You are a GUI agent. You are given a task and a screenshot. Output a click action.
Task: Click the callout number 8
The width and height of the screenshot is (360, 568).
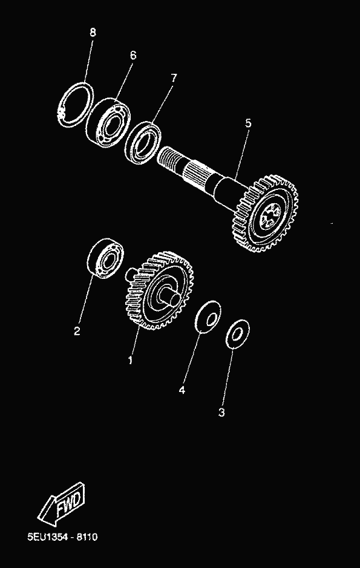coord(93,33)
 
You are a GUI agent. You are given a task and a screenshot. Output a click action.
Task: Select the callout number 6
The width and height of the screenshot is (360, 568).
coord(133,56)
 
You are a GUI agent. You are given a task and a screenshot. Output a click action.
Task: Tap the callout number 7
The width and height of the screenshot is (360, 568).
coord(174,78)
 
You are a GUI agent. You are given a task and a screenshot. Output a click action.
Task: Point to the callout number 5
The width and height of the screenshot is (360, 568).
coord(247,123)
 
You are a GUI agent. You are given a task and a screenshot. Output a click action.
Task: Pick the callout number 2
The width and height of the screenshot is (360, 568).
coord(77,331)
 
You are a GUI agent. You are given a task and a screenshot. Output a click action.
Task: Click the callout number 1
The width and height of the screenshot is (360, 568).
coord(130,360)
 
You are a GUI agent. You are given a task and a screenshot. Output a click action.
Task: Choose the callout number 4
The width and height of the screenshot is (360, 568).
coord(182,390)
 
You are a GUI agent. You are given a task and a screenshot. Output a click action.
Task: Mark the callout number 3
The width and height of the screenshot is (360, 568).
coord(221,412)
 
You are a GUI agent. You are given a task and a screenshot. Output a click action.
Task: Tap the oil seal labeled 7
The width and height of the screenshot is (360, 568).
coord(143,142)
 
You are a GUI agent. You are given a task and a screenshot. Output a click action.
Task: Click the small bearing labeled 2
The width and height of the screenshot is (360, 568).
coord(105,258)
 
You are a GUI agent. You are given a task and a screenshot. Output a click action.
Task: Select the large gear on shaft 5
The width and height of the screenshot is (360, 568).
coord(267,214)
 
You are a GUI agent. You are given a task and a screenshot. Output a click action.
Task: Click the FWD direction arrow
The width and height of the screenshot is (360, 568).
coord(62,503)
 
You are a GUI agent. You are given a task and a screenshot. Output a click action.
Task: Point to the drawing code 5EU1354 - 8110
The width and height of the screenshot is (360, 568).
coord(63,537)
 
